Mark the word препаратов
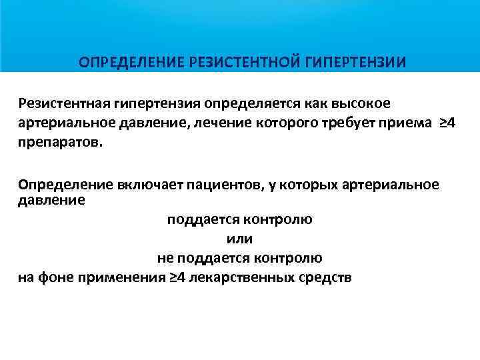tap(61, 143)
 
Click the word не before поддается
tap(167, 257)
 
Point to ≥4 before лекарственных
tap(177, 277)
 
